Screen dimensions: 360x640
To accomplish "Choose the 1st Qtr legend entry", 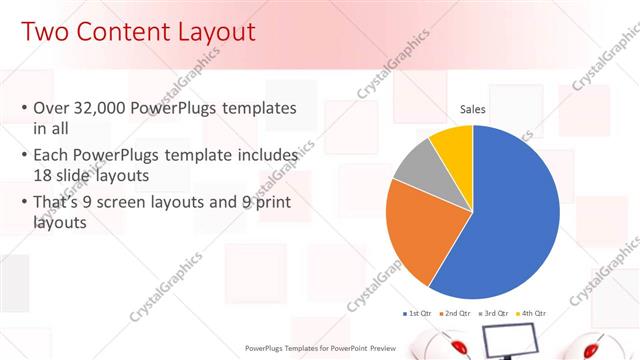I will tap(418, 314).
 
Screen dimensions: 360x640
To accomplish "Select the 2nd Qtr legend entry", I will tap(456, 314).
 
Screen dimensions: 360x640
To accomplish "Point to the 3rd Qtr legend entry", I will tap(494, 314).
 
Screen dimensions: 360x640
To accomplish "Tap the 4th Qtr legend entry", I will tap(532, 314).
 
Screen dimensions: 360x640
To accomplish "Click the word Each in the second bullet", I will tap(51, 156).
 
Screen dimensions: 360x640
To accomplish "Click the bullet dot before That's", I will tap(24, 203).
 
